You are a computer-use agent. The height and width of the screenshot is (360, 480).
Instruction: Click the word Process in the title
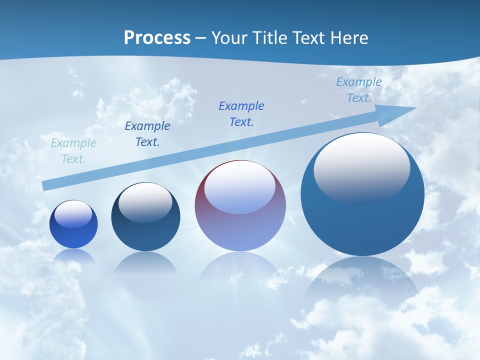[157, 38]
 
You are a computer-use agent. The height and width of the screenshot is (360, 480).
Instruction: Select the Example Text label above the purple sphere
[241, 114]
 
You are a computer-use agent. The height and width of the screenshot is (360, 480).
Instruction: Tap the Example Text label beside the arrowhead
[359, 90]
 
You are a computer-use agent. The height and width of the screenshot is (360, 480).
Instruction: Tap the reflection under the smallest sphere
[74, 256]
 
